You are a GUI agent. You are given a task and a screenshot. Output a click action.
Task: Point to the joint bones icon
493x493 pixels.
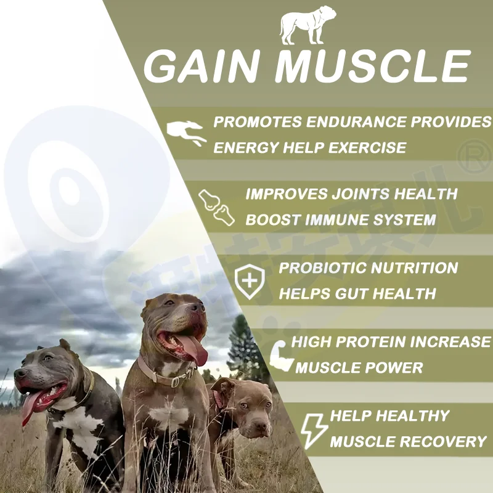[216, 206]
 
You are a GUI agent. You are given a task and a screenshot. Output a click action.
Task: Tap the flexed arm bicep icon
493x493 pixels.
[280, 356]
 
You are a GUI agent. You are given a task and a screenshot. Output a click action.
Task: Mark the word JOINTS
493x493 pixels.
[356, 194]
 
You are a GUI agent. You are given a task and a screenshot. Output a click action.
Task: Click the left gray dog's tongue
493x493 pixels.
[31, 411]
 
